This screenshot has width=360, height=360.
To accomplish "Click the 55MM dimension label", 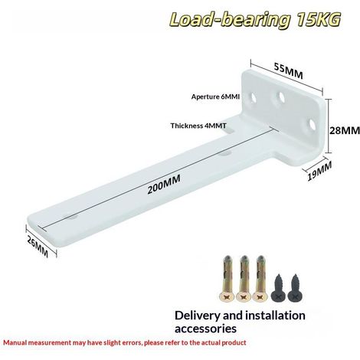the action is pyautogui.click(x=288, y=70).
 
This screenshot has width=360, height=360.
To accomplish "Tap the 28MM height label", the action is pyautogui.click(x=345, y=130).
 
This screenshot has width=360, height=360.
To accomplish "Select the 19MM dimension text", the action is pyautogui.click(x=319, y=171).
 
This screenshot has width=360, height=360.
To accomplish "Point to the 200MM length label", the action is pyautogui.click(x=164, y=185).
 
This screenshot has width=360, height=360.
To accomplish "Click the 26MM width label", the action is pyautogui.click(x=38, y=247).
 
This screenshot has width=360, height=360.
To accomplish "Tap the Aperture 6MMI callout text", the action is pyautogui.click(x=215, y=97).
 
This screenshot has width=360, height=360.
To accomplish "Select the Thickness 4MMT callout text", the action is pyautogui.click(x=198, y=126).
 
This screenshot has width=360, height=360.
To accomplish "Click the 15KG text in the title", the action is pyautogui.click(x=319, y=20).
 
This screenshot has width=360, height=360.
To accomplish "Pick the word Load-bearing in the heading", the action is pyautogui.click(x=230, y=20).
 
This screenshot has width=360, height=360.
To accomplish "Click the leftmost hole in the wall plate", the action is pyautogui.click(x=254, y=97).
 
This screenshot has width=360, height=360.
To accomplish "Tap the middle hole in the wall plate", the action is pyautogui.click(x=281, y=97).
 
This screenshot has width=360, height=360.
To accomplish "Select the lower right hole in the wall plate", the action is pyautogui.click(x=312, y=124).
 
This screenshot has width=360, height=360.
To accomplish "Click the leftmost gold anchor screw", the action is pyautogui.click(x=227, y=278).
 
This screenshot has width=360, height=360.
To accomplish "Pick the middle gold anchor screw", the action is pyautogui.click(x=244, y=278).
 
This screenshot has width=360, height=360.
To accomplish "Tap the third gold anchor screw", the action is pyautogui.click(x=260, y=278).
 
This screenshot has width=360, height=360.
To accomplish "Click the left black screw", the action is pyautogui.click(x=278, y=289).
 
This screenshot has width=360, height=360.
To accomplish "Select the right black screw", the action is pyautogui.click(x=296, y=289).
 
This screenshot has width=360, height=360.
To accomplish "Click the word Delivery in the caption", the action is pyautogui.click(x=197, y=316).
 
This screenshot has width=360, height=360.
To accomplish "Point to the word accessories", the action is pyautogui.click(x=205, y=329).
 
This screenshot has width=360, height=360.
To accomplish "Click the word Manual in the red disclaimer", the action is pyautogui.click(x=15, y=342).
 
